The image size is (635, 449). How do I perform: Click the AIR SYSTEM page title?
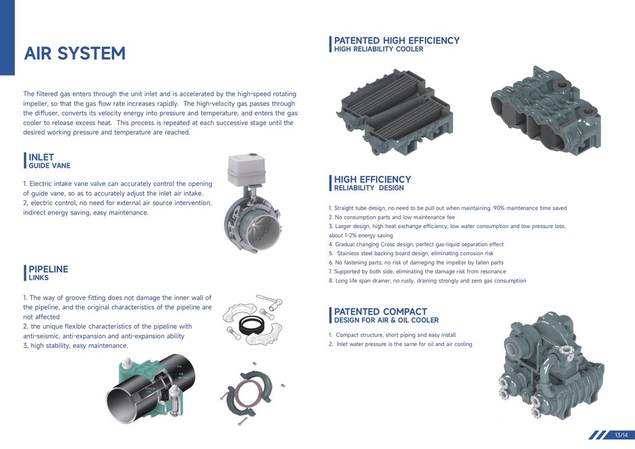pos(74,53)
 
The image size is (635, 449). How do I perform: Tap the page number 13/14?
pos(621,435)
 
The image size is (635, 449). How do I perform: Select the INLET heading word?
pos(41,157)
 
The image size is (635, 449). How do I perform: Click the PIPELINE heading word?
pos(48,269)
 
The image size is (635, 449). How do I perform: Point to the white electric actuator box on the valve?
pos(246,170)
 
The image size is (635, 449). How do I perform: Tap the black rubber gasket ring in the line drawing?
pos(252,325)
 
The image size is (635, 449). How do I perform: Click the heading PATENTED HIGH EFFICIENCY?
pos(396,41)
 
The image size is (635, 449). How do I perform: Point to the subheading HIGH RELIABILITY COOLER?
pos(378,49)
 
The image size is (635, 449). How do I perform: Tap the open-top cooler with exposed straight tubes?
pos(394,111)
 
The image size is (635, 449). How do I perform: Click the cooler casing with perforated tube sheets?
pos(546,109)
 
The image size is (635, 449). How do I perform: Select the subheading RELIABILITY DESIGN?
pos(369,188)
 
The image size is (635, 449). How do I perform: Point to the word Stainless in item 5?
pos(349,253)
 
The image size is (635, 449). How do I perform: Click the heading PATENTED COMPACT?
pos(380,312)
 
